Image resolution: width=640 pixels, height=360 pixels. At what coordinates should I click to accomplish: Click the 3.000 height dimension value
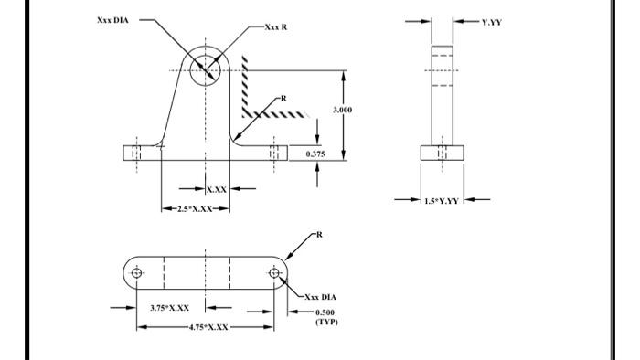point(343,109)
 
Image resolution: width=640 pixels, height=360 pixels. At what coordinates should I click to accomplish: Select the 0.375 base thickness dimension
point(315,154)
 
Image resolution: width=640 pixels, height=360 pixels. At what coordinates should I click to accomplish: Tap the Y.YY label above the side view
point(491,21)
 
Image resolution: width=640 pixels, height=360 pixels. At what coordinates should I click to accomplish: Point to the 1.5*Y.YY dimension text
point(443,199)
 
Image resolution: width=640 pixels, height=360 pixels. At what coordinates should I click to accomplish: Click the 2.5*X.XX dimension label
point(194,209)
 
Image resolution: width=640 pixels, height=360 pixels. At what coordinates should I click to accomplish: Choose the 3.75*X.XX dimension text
point(169,308)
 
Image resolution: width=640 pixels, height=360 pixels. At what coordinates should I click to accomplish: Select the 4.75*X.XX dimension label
point(208,326)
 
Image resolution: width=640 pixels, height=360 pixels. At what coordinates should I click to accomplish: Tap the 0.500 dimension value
point(327,312)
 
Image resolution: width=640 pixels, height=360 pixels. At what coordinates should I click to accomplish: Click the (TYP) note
point(326,322)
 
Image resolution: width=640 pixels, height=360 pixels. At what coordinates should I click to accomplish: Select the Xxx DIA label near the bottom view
point(321,297)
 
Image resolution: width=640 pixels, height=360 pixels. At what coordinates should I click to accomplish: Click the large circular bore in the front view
point(206,69)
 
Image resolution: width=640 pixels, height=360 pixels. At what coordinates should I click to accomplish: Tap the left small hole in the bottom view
point(137,272)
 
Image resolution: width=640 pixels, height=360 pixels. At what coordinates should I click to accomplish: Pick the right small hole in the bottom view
point(274,272)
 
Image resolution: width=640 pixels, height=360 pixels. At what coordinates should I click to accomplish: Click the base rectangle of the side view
point(443,153)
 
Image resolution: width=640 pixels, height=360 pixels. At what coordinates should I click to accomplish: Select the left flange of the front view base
point(142,153)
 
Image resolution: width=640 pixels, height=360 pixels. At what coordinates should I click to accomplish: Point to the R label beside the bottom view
point(319,235)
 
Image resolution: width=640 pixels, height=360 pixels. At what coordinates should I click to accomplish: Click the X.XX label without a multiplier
point(217,189)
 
